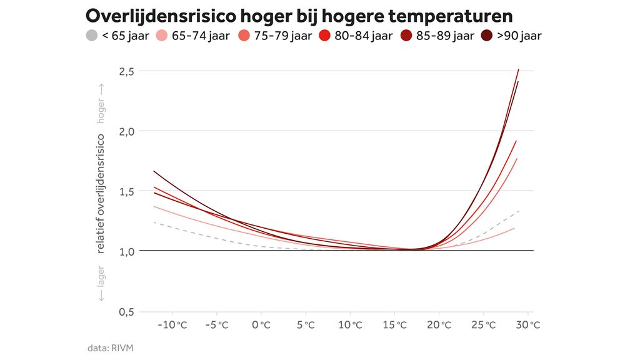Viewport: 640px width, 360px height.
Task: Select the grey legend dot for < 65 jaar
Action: (x=91, y=36)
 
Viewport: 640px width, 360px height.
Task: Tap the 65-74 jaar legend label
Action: (x=201, y=36)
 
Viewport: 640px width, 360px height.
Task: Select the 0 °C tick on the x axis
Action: (x=261, y=325)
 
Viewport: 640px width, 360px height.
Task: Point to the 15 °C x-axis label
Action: (x=394, y=325)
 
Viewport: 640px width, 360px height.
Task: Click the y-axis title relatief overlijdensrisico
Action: (x=101, y=194)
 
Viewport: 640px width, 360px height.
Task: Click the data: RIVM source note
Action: (x=110, y=347)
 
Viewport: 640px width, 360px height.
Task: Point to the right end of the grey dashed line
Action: (x=519, y=211)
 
